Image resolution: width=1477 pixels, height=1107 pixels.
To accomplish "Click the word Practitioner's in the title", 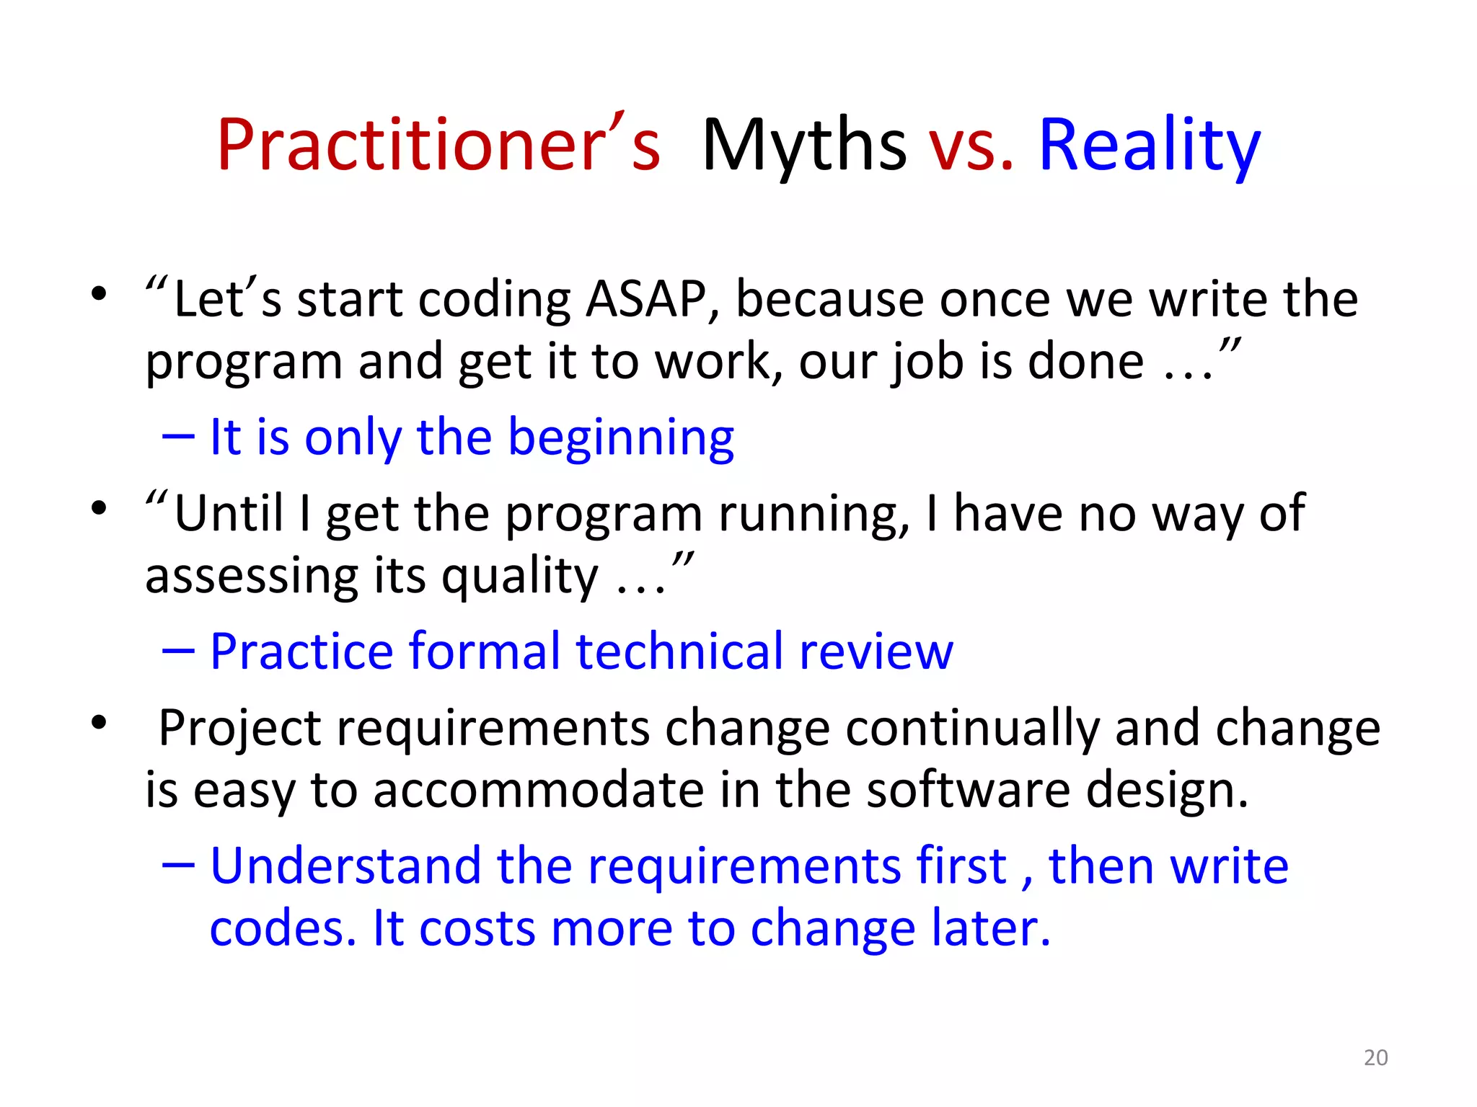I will pyautogui.click(x=438, y=146).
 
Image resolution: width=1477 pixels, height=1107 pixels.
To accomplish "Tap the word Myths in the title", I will pyautogui.click(x=803, y=146).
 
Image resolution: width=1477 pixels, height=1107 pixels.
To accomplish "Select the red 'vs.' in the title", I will pyautogui.click(x=971, y=147).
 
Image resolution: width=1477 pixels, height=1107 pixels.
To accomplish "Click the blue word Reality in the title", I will pyautogui.click(x=1150, y=146).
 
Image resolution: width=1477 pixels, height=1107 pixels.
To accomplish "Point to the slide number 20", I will pyautogui.click(x=1375, y=1057).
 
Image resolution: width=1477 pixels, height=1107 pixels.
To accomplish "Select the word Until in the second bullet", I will pyautogui.click(x=229, y=513).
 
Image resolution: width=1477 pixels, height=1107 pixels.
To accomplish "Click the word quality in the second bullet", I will pyautogui.click(x=519, y=577).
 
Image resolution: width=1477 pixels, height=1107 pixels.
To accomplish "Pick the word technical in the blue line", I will pyautogui.click(x=679, y=651).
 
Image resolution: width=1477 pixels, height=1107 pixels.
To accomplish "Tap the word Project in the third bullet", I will pyautogui.click(x=239, y=728).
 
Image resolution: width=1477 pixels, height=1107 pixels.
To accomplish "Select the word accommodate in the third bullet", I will pyautogui.click(x=538, y=790).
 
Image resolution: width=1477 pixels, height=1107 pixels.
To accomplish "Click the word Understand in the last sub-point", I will pyautogui.click(x=345, y=866).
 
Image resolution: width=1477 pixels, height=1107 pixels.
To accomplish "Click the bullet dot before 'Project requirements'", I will pyautogui.click(x=99, y=722).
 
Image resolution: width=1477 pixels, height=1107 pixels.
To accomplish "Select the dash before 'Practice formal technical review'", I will pyautogui.click(x=178, y=651).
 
